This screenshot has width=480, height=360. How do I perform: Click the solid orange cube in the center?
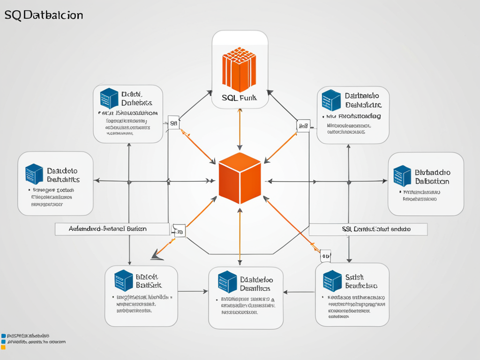tap(240, 178)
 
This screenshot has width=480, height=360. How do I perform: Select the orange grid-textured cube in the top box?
tap(239, 69)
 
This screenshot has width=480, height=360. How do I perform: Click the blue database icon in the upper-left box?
tap(109, 98)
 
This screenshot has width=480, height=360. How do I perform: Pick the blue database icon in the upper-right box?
tap(331, 100)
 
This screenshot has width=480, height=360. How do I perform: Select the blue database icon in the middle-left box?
tap(34, 173)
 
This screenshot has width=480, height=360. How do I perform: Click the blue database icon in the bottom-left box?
tap(124, 280)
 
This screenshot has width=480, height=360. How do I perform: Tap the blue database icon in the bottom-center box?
tap(227, 282)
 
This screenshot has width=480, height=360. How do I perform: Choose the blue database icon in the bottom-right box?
tap(332, 281)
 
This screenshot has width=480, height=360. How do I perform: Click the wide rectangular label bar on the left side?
tap(112, 229)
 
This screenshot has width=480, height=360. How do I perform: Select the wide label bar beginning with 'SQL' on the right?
tap(368, 229)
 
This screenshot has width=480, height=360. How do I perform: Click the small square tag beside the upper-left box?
tap(173, 123)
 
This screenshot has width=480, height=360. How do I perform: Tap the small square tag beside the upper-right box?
tap(303, 125)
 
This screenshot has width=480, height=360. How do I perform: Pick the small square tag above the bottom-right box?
tap(325, 255)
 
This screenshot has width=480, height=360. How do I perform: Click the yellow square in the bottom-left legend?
tap(3, 347)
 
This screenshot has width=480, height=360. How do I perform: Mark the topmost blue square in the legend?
tap(3, 336)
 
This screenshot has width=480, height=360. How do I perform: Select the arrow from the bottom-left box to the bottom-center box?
tap(193, 292)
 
